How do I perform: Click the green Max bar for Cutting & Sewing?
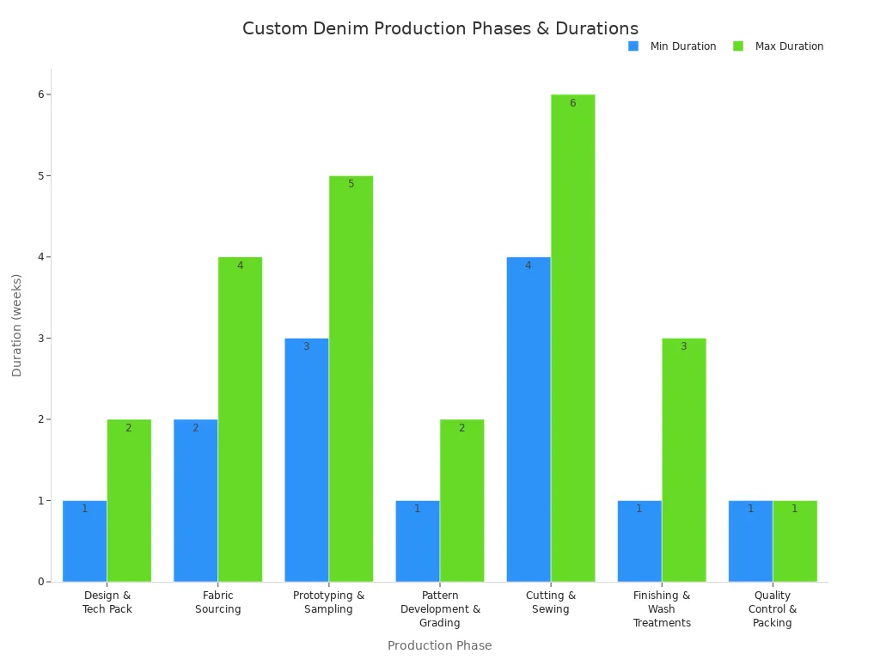pos(572,338)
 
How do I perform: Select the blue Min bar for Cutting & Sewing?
pos(528,419)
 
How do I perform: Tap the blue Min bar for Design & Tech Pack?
pos(84,541)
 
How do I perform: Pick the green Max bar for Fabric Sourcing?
pos(240,419)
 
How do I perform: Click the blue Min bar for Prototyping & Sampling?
pos(306,460)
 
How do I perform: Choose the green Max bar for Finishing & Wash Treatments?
pos(683,460)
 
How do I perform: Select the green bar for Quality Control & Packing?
pos(794,541)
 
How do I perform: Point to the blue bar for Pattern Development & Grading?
pos(417,541)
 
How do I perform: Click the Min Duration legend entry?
pos(673,46)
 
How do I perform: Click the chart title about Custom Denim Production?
pos(440,28)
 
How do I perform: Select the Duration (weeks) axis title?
pos(17,325)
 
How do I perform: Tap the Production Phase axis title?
pos(439,645)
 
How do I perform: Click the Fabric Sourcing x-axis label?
pos(217,602)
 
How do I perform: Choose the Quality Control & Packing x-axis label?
pos(772,609)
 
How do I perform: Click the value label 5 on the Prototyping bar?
pos(351,184)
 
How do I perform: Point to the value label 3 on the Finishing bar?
pos(683,346)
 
